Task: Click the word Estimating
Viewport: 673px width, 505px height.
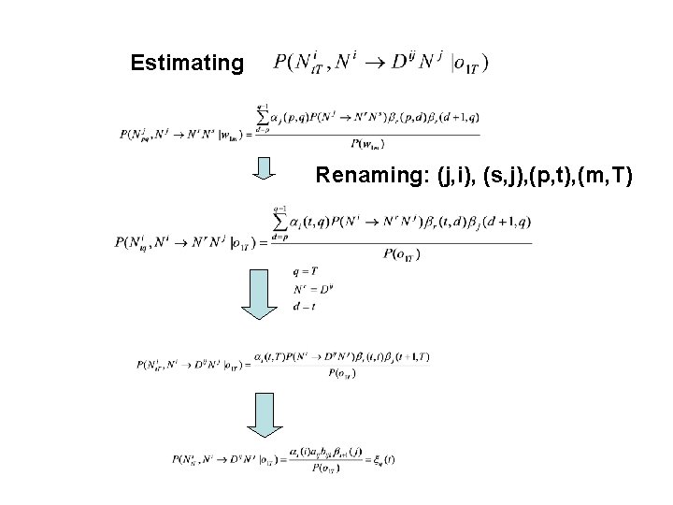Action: [x=187, y=65]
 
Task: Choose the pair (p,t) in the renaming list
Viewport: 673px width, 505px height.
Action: [x=561, y=175]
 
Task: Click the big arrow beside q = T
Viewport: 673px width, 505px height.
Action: [x=262, y=292]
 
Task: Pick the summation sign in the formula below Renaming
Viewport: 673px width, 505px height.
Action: [x=280, y=222]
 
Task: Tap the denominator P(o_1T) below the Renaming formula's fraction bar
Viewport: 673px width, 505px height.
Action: [x=401, y=254]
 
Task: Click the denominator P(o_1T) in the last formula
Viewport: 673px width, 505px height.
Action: [x=326, y=468]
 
